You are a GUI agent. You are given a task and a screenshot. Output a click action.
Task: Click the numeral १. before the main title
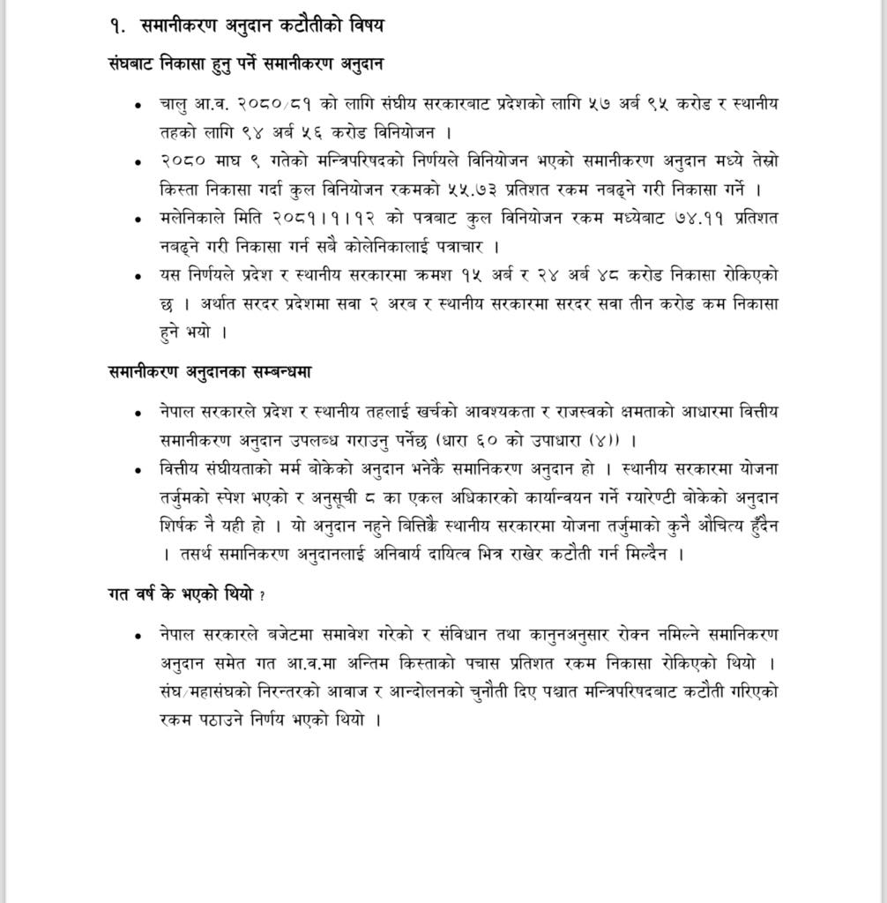pos(118,26)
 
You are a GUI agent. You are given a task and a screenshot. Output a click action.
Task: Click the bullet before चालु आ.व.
pos(138,105)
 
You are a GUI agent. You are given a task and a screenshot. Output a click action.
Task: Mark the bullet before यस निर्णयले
pos(138,276)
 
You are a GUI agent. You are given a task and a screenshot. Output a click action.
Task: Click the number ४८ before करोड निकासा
pos(609,275)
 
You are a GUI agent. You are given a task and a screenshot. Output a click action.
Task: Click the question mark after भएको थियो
pos(263,596)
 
